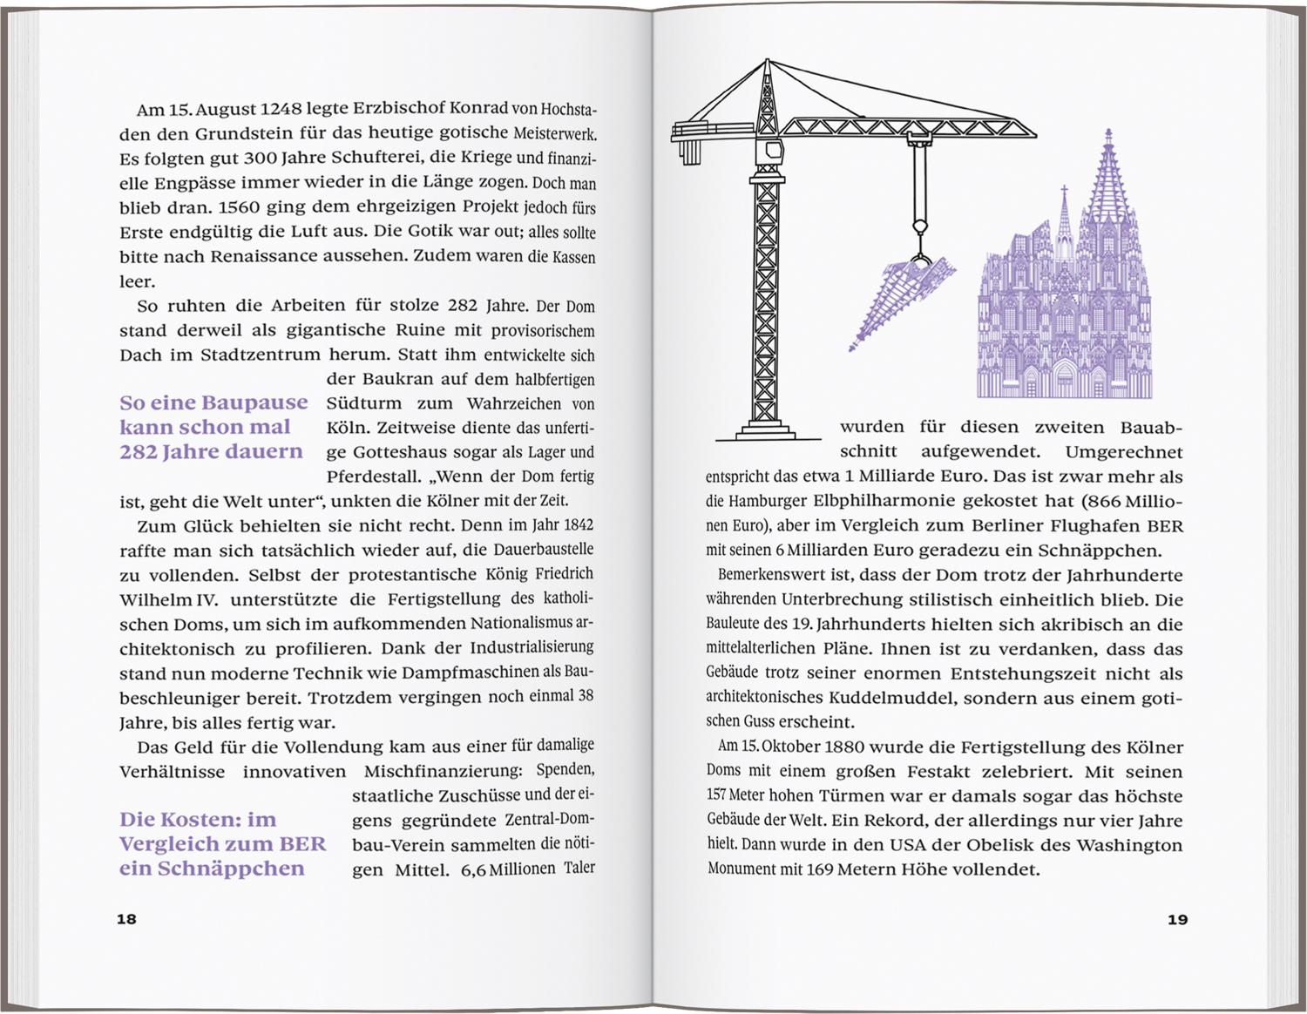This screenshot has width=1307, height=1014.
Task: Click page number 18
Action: click(x=127, y=918)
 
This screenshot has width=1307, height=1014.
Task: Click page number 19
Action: click(x=1176, y=918)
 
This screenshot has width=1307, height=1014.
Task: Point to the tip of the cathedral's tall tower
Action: click(x=1108, y=133)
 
